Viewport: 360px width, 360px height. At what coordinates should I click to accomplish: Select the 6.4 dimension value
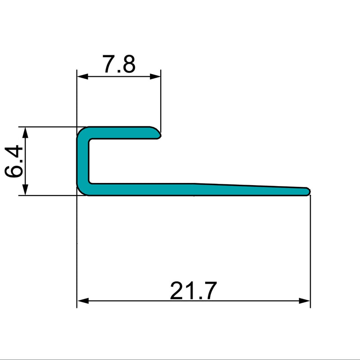(13, 161)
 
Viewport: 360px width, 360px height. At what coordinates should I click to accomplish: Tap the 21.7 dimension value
(193, 291)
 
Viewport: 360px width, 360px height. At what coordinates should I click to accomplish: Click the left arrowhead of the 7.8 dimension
(81, 76)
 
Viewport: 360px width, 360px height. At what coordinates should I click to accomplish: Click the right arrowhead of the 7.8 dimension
(156, 76)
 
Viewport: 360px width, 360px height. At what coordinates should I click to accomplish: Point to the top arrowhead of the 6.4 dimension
(26, 131)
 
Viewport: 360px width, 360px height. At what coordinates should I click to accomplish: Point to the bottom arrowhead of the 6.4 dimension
(26, 191)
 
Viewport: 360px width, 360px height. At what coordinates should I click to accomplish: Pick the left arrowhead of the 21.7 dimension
(81, 301)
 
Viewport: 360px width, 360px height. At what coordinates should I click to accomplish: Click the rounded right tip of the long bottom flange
(309, 191)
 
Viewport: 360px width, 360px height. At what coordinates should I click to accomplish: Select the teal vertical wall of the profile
(82, 162)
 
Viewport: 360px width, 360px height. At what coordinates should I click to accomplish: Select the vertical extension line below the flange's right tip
(310, 247)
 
